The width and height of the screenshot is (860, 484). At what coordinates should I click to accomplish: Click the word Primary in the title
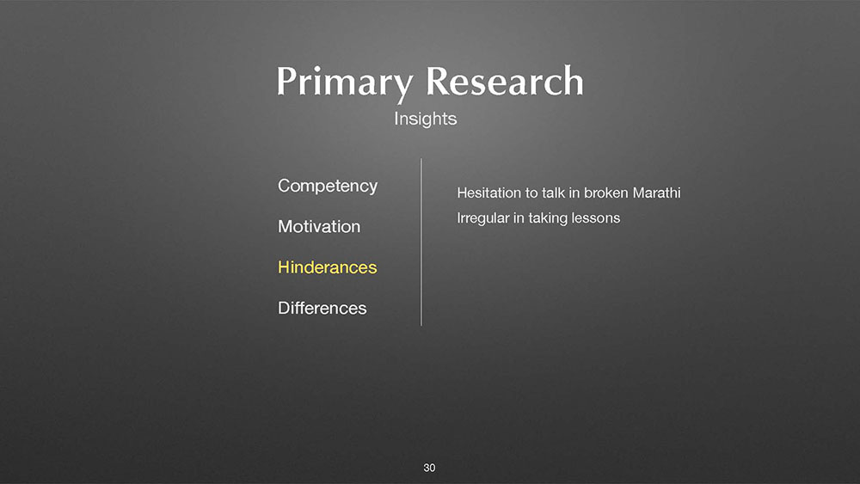[345, 83]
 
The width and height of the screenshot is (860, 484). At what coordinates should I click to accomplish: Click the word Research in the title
[505, 81]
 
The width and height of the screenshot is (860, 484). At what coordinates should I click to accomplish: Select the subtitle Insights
[425, 119]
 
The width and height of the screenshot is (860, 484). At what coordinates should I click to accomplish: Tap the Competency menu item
[328, 187]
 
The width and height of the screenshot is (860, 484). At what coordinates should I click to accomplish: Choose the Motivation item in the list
[319, 226]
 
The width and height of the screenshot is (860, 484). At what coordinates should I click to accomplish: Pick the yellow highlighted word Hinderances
[328, 267]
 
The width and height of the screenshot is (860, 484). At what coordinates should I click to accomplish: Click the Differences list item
[322, 308]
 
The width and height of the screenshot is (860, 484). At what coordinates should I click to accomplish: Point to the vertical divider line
[421, 242]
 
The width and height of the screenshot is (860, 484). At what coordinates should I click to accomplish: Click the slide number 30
[429, 468]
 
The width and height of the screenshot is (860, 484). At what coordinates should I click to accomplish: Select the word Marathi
[656, 193]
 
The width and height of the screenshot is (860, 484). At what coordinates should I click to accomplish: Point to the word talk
[553, 193]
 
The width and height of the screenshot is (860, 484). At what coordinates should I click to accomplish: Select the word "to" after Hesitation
[532, 193]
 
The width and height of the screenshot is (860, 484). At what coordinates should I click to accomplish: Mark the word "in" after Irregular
[519, 218]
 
